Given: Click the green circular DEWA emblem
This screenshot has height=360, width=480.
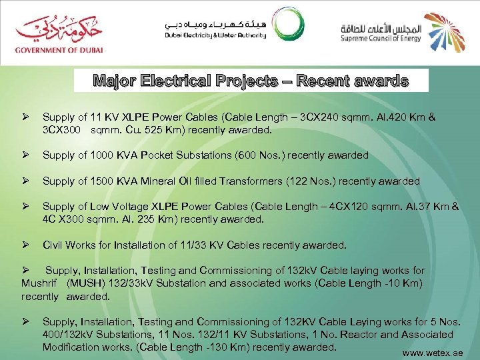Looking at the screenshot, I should (x=291, y=28).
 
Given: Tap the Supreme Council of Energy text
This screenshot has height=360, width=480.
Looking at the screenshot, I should (x=377, y=38).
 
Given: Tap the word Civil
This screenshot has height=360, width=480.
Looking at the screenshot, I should (x=53, y=245).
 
